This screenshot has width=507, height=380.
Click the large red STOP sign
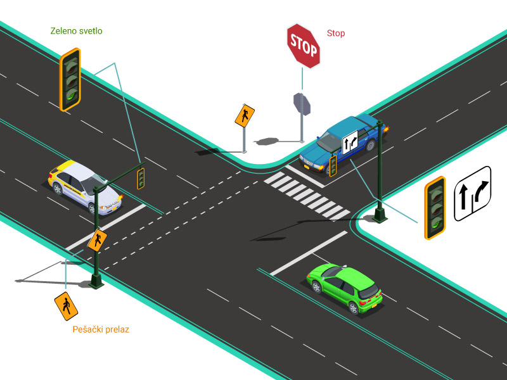pyautogui.click(x=304, y=46)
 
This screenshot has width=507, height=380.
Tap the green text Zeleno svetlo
pyautogui.click(x=76, y=31)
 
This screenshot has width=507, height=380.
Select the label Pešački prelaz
pyautogui.click(x=101, y=329)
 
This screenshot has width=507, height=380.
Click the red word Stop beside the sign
pyautogui.click(x=336, y=33)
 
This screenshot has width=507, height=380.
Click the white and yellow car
pyautogui.click(x=85, y=187)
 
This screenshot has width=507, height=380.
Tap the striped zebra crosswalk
pyautogui.click(x=307, y=195)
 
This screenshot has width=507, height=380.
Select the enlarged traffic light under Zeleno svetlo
pyautogui.click(x=70, y=80)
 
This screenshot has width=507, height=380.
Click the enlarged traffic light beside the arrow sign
pyautogui.click(x=435, y=208)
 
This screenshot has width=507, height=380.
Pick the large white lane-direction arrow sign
pyautogui.click(x=473, y=194)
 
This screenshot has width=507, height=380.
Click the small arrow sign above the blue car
pyautogui.click(x=350, y=142)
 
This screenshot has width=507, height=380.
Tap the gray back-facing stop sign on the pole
pyautogui.click(x=302, y=104)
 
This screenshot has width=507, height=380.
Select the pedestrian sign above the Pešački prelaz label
pyautogui.click(x=66, y=306)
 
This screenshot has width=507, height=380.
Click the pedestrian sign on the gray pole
pyautogui.click(x=245, y=116)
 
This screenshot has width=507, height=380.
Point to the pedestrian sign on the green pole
pyautogui.click(x=98, y=240)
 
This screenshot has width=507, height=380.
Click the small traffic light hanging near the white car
pyautogui.click(x=141, y=179)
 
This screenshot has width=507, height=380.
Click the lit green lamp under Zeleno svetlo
pyautogui.click(x=72, y=96)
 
